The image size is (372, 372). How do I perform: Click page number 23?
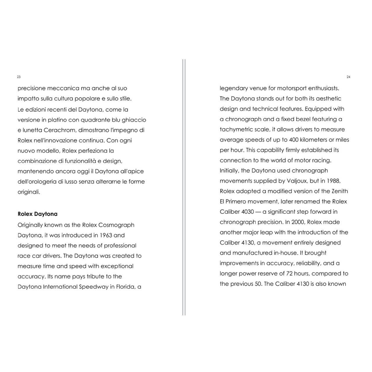19,77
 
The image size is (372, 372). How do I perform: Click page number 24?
348,77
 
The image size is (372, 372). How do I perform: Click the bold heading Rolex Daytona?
37,214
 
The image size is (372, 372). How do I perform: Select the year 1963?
106,235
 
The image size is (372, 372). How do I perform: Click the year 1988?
333,181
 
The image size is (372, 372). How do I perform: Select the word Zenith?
340,191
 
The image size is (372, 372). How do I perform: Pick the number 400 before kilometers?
294,140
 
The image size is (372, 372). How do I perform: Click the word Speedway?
93,287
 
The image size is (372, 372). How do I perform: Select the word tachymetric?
236,130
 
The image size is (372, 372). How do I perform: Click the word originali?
29,192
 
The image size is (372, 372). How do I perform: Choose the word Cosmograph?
116,225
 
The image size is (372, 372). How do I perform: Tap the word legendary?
233,88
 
